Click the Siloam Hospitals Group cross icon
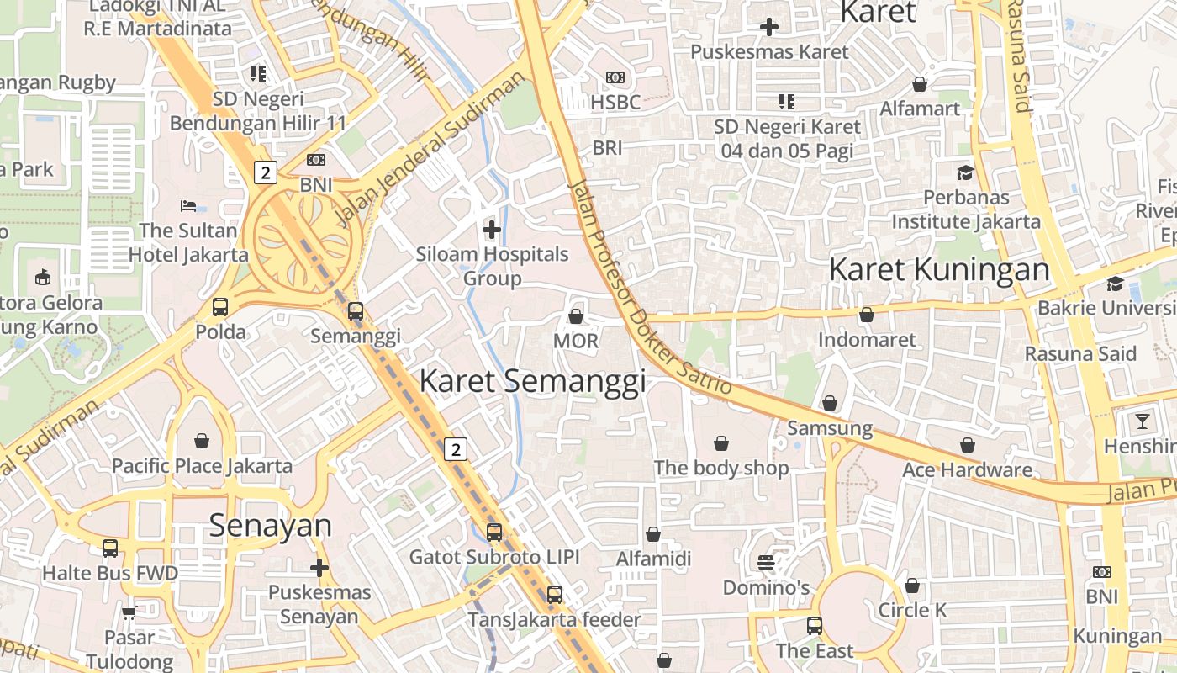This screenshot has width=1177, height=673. [x=492, y=229]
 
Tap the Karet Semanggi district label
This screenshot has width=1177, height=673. [x=532, y=381]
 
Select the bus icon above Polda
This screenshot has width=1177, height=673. [x=220, y=307]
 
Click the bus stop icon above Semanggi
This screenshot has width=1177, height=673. [x=356, y=311]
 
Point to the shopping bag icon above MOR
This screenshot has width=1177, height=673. [x=576, y=316]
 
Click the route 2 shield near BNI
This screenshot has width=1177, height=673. [x=265, y=172]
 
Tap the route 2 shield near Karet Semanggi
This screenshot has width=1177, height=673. [x=456, y=449]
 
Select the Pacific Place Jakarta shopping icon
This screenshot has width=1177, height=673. [x=202, y=441]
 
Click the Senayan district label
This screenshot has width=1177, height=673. [x=270, y=525]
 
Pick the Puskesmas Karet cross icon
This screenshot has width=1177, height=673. [x=768, y=27]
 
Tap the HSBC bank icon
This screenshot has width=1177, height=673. [x=615, y=77]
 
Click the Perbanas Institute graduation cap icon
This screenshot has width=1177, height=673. [x=965, y=172]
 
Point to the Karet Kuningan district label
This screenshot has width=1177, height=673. [x=939, y=270]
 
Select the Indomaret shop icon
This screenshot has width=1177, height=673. [x=867, y=315]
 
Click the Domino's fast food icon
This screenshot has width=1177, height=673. [x=765, y=561]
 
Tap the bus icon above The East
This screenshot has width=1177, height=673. [x=814, y=625]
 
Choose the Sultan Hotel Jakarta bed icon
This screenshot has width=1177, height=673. [x=188, y=206]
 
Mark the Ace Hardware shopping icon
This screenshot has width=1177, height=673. [x=968, y=445]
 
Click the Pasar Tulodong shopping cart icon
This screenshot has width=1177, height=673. [x=129, y=612]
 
